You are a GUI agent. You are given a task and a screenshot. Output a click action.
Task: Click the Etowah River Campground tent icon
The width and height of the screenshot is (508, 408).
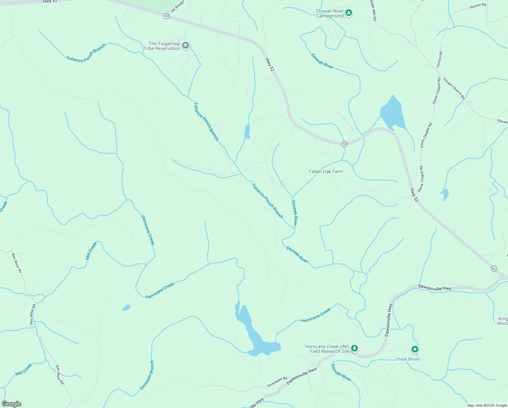348,13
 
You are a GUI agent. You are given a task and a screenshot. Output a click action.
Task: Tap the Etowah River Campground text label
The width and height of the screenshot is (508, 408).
330,14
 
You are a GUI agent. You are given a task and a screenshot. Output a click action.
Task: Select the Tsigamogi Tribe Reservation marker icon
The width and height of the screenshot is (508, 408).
185,46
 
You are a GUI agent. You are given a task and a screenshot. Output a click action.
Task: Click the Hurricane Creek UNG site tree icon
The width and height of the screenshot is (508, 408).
355,348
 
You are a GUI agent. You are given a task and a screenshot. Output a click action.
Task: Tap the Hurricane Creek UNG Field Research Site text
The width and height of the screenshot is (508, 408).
327,349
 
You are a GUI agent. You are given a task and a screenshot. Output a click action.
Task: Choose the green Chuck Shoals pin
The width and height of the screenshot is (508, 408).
415,349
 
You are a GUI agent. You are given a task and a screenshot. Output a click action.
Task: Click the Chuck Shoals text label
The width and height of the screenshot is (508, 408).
407,359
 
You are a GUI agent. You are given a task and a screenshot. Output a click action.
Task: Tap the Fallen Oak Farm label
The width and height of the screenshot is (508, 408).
326,171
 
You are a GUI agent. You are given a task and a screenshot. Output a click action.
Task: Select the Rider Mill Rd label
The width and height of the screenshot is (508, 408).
373,10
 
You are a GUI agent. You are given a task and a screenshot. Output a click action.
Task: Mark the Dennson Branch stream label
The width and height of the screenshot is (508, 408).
147,375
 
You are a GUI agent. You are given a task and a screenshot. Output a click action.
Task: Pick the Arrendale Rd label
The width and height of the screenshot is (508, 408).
277,382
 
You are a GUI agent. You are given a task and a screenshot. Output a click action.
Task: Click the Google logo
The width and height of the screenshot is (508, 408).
11,404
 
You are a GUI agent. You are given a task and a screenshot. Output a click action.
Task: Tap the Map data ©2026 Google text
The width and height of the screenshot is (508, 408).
487,405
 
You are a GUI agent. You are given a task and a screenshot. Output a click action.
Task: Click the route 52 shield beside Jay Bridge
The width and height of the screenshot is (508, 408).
166,16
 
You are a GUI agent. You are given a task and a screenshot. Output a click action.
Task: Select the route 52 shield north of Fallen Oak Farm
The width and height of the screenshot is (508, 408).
344,144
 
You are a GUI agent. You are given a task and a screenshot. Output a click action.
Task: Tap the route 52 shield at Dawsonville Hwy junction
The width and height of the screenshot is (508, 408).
494,269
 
